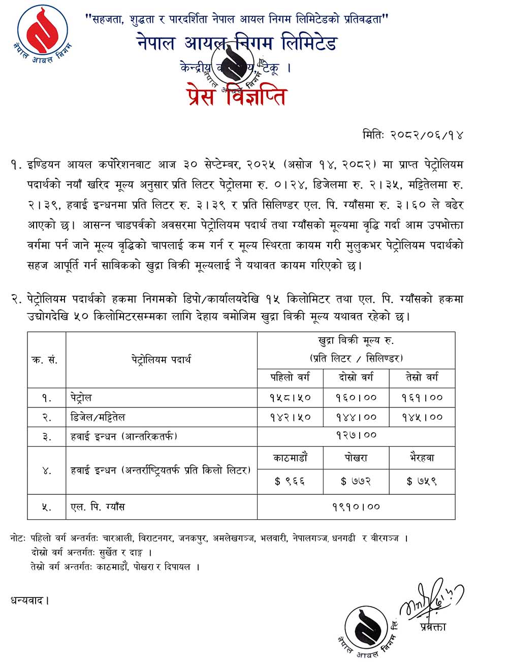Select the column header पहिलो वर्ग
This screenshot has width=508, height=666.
click(x=290, y=377)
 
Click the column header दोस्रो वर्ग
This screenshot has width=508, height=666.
click(x=356, y=377)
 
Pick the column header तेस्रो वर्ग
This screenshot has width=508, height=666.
click(x=422, y=377)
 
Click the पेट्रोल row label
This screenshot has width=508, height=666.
click(x=81, y=397)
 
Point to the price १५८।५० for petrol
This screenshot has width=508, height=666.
click(x=290, y=398)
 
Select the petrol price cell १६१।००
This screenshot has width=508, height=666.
click(x=422, y=398)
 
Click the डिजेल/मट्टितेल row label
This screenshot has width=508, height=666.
click(x=98, y=417)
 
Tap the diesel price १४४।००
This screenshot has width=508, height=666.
click(x=356, y=418)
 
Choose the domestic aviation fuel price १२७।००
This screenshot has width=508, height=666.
click(x=356, y=435)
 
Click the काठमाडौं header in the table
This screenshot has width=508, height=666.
click(x=290, y=458)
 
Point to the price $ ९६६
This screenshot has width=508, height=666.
click(x=290, y=481)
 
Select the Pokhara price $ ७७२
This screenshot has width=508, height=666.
click(x=356, y=481)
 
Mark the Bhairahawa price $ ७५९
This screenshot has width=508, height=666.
click(x=422, y=481)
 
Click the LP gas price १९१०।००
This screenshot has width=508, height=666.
click(x=356, y=506)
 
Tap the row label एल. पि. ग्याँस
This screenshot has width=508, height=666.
click(x=98, y=506)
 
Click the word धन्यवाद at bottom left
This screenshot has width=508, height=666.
click(x=29, y=600)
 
